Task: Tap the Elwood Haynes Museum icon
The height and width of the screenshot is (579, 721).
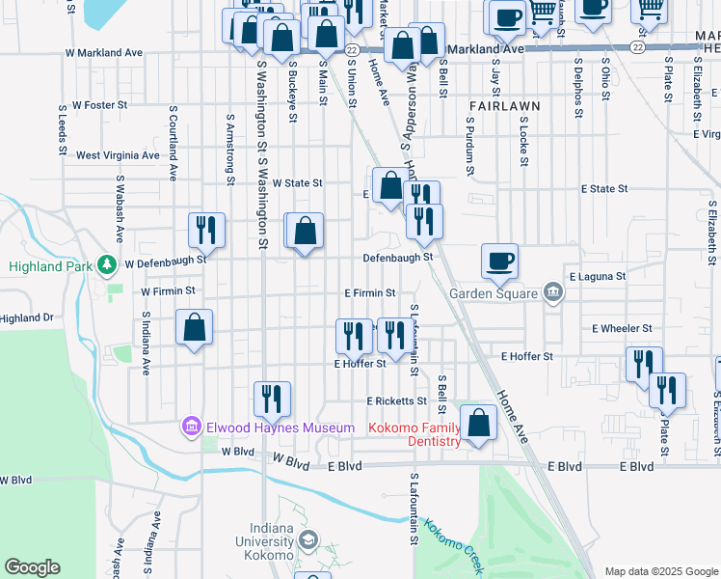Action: (x=190, y=426)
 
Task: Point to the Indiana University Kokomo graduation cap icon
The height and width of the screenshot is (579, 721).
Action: (x=308, y=538)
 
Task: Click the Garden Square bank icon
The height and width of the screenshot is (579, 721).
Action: (x=552, y=291)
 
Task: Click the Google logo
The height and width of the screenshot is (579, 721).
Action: (x=32, y=567)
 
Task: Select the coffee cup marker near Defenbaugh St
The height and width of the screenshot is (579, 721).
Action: (x=500, y=260)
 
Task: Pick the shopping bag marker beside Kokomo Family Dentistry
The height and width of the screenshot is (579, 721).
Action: (x=478, y=422)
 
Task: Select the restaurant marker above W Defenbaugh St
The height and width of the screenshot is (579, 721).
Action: (x=206, y=230)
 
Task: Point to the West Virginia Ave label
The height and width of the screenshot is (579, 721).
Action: (x=118, y=154)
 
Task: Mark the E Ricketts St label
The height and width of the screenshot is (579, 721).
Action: (x=395, y=400)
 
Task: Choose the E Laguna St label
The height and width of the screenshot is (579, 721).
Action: (x=598, y=276)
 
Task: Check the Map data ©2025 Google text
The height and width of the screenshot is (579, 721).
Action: (x=660, y=571)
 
